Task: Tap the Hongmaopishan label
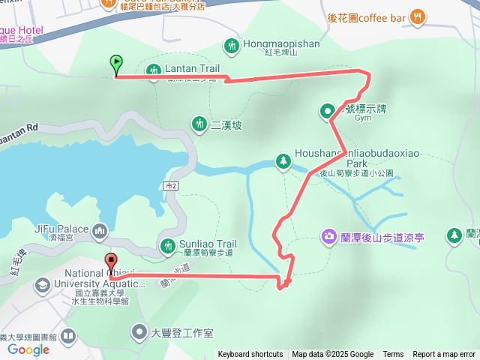click(281, 44)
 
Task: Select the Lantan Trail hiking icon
click(154, 70)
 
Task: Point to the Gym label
click(363, 118)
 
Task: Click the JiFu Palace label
click(63, 229)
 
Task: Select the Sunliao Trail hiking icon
click(168, 244)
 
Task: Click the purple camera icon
click(328, 237)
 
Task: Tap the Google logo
click(28, 349)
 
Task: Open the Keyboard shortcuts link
click(250, 355)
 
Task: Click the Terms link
click(393, 355)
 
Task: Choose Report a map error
click(443, 355)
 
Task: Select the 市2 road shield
click(172, 184)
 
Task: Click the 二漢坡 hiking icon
click(199, 123)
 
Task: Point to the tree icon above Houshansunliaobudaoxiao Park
click(283, 160)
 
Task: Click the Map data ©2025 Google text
click(333, 355)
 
